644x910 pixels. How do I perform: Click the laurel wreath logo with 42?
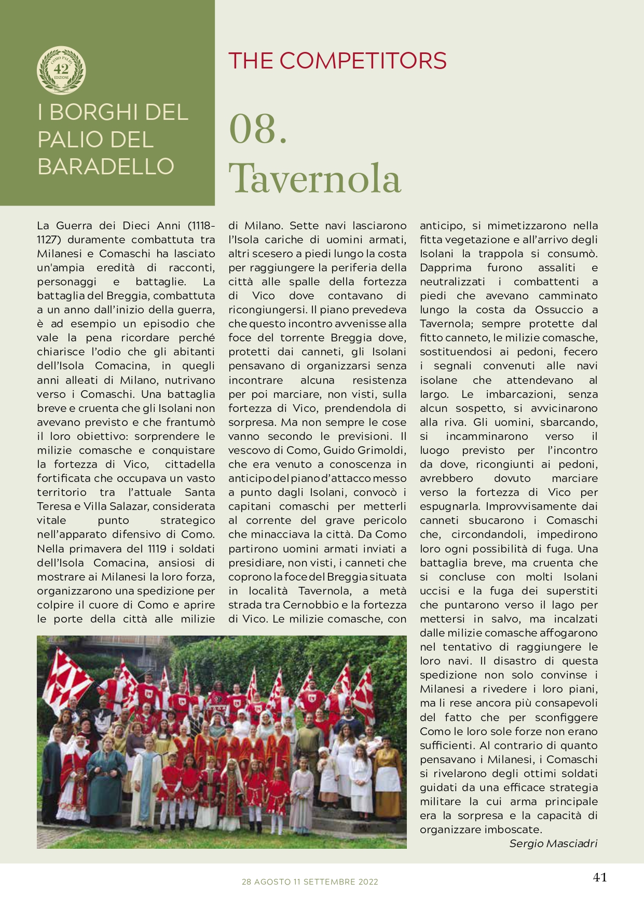coord(61,70)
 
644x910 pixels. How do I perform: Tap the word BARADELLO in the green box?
coord(106,167)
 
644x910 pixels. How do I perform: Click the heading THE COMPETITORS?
coord(337,61)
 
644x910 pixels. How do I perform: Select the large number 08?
coord(258,130)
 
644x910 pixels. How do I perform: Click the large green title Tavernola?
coord(314,178)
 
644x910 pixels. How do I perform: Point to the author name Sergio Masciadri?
coord(553,844)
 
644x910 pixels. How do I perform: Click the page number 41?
coord(600,877)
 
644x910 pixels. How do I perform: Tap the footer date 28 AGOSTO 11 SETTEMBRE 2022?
coord(310,882)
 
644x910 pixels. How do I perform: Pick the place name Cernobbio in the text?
coord(309,605)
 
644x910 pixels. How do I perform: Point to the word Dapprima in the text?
coord(445,268)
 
